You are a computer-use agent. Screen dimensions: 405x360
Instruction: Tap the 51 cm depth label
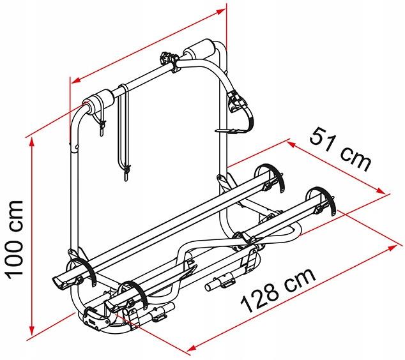pyautogui.click(x=340, y=150)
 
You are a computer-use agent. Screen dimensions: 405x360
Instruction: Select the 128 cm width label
pyautogui.click(x=279, y=290)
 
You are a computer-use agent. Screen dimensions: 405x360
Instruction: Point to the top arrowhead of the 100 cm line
pyautogui.click(x=32, y=142)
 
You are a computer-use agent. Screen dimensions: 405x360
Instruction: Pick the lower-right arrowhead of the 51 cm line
pyautogui.click(x=381, y=190)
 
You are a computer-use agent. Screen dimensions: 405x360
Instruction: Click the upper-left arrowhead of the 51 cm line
pyautogui.click(x=291, y=144)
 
